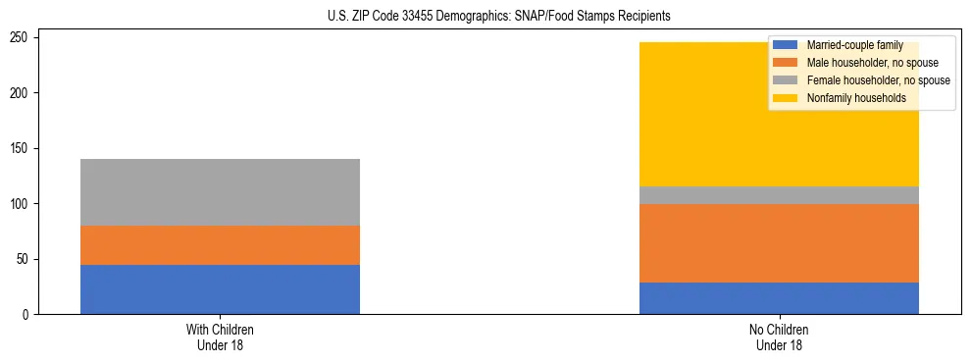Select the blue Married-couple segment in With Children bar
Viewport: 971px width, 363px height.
(220, 289)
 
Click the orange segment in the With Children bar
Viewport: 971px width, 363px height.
(220, 245)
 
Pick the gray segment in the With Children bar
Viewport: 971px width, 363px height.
(220, 192)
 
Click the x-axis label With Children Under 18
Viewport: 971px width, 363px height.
(220, 337)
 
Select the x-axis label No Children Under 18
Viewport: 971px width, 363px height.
(779, 337)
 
